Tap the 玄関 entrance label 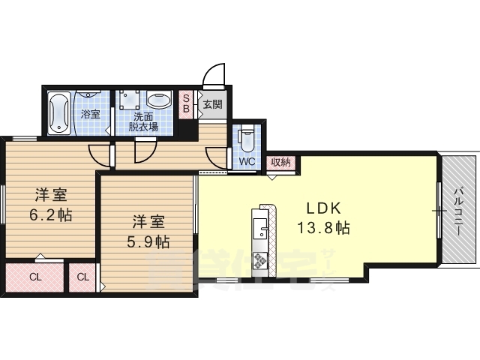tap(211, 104)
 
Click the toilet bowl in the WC tap(246, 139)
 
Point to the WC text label tap(246, 161)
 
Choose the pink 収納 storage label tap(280, 162)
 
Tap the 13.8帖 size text tap(323, 227)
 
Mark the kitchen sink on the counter tap(259, 226)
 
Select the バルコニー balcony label tap(457, 211)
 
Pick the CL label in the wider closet tap(35, 277)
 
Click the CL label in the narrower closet tap(83, 277)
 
